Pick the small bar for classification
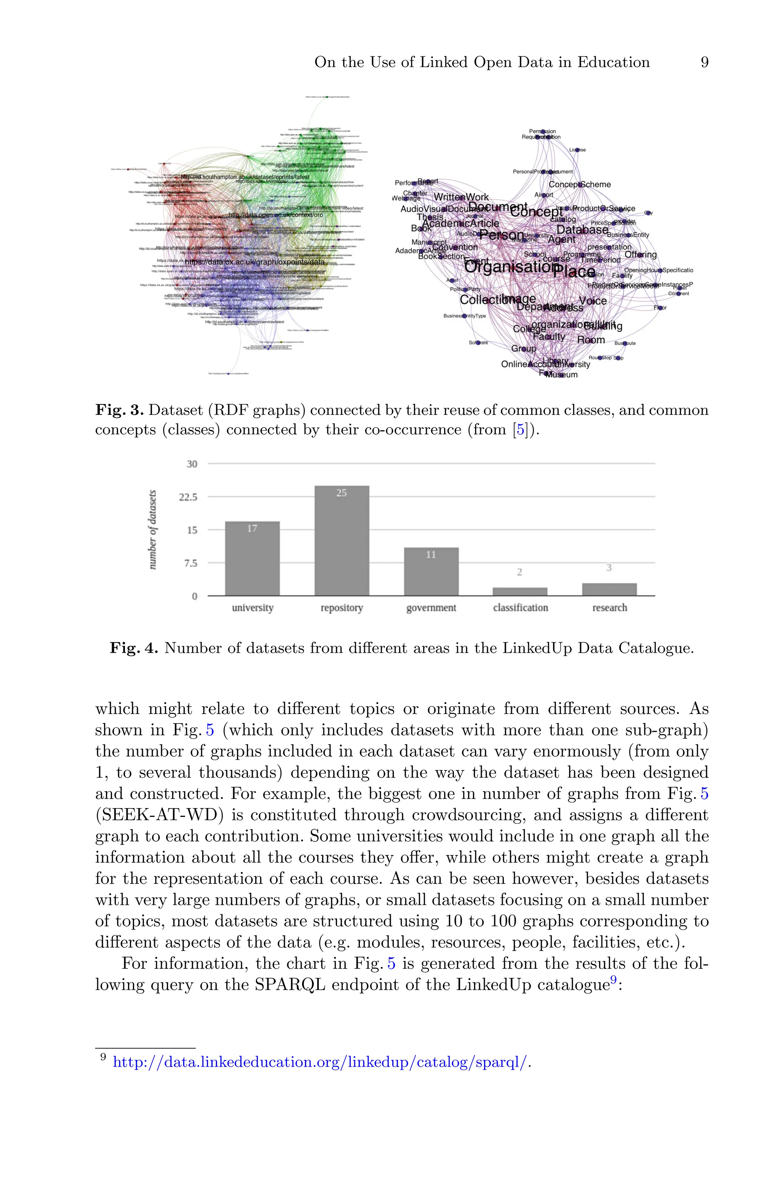(520, 591)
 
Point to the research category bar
(609, 589)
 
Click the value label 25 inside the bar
(341, 493)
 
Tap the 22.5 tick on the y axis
(188, 497)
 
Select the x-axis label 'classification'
(520, 607)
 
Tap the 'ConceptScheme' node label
(580, 184)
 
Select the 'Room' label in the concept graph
(591, 340)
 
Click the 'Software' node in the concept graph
(478, 342)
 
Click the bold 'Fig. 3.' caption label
(119, 410)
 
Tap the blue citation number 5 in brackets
(520, 429)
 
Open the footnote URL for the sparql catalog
(320, 1062)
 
